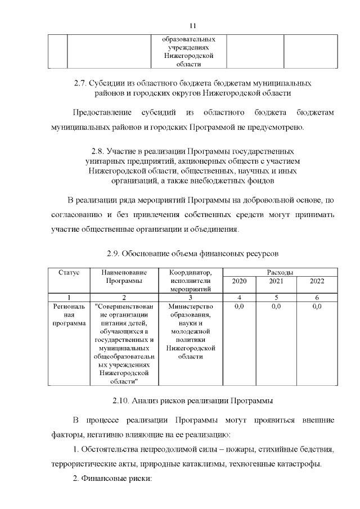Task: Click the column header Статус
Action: click(x=69, y=272)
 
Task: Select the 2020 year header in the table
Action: click(x=239, y=281)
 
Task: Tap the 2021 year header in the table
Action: click(x=276, y=281)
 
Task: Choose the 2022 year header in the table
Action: click(x=317, y=281)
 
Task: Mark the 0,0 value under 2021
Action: click(x=276, y=307)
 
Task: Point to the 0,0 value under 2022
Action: click(x=317, y=307)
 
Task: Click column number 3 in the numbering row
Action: click(x=191, y=297)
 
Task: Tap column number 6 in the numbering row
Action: click(x=317, y=297)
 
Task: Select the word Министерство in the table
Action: click(x=191, y=307)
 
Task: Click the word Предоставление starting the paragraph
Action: click(x=101, y=113)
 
